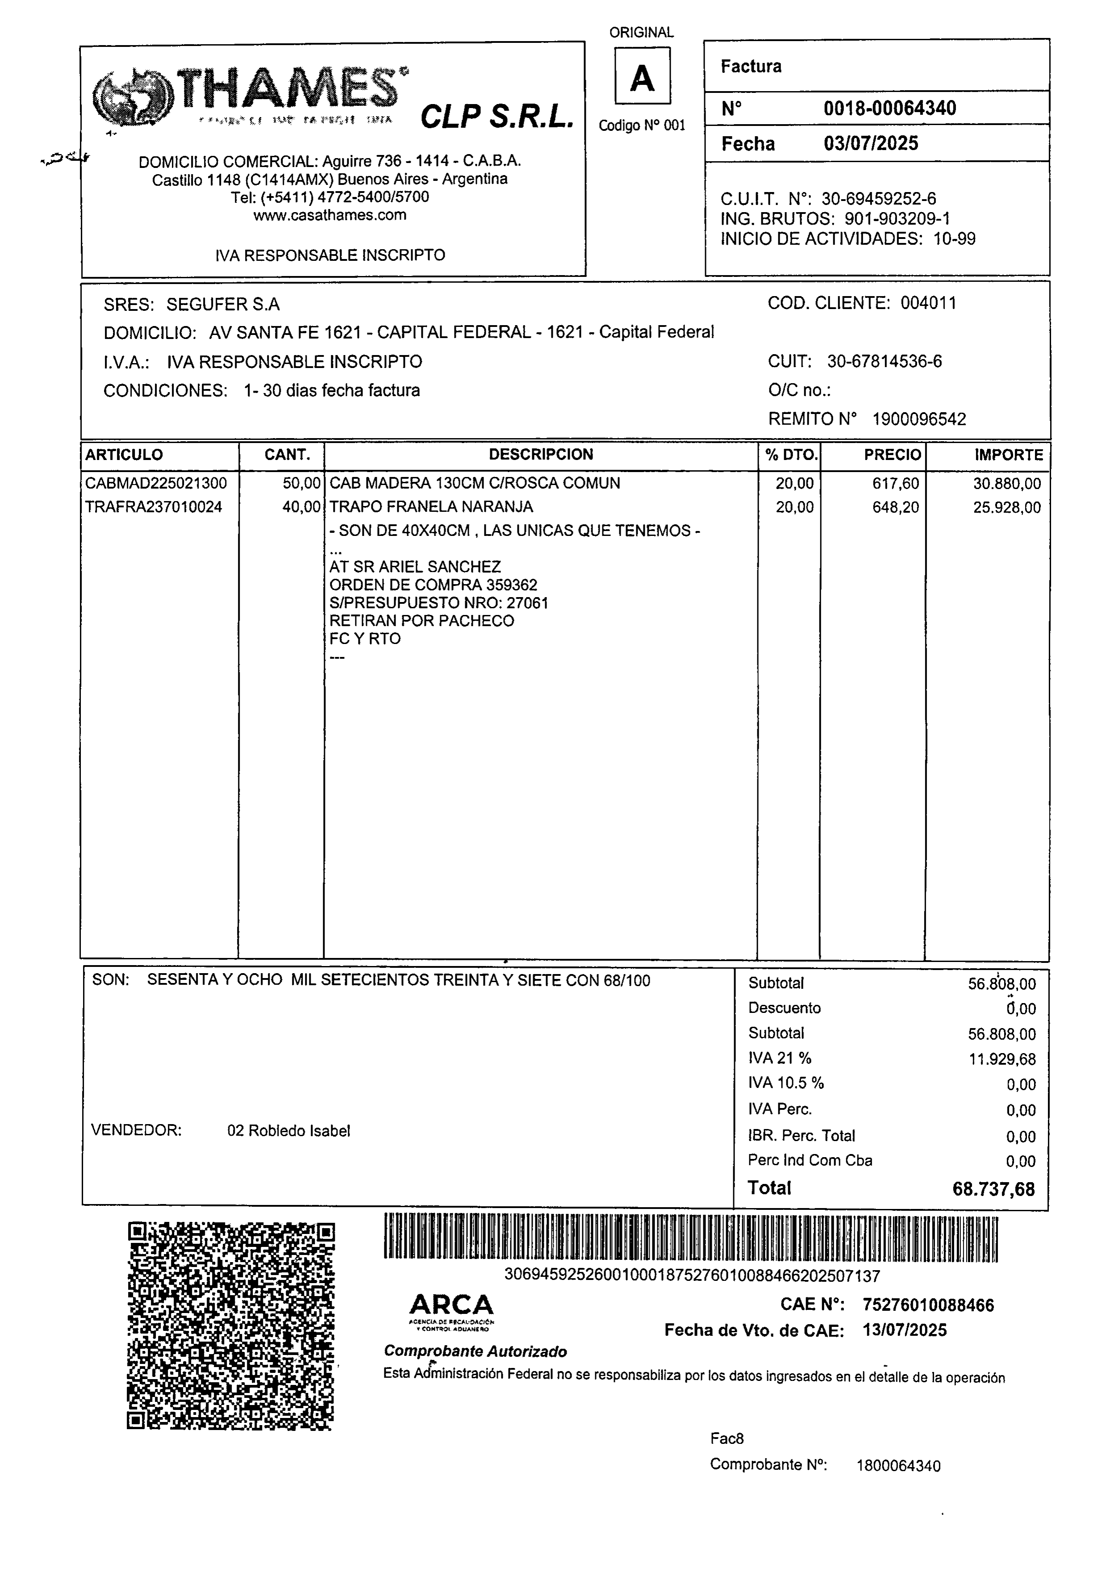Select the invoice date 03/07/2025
tap(871, 144)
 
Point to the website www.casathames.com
tap(330, 215)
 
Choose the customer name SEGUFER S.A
tap(223, 305)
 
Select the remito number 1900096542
tap(919, 419)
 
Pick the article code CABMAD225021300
tap(156, 483)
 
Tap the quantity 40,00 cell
tap(302, 507)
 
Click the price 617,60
tap(895, 483)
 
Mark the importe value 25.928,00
tap(1006, 507)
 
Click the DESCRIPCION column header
tap(541, 454)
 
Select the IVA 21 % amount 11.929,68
tap(1002, 1059)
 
